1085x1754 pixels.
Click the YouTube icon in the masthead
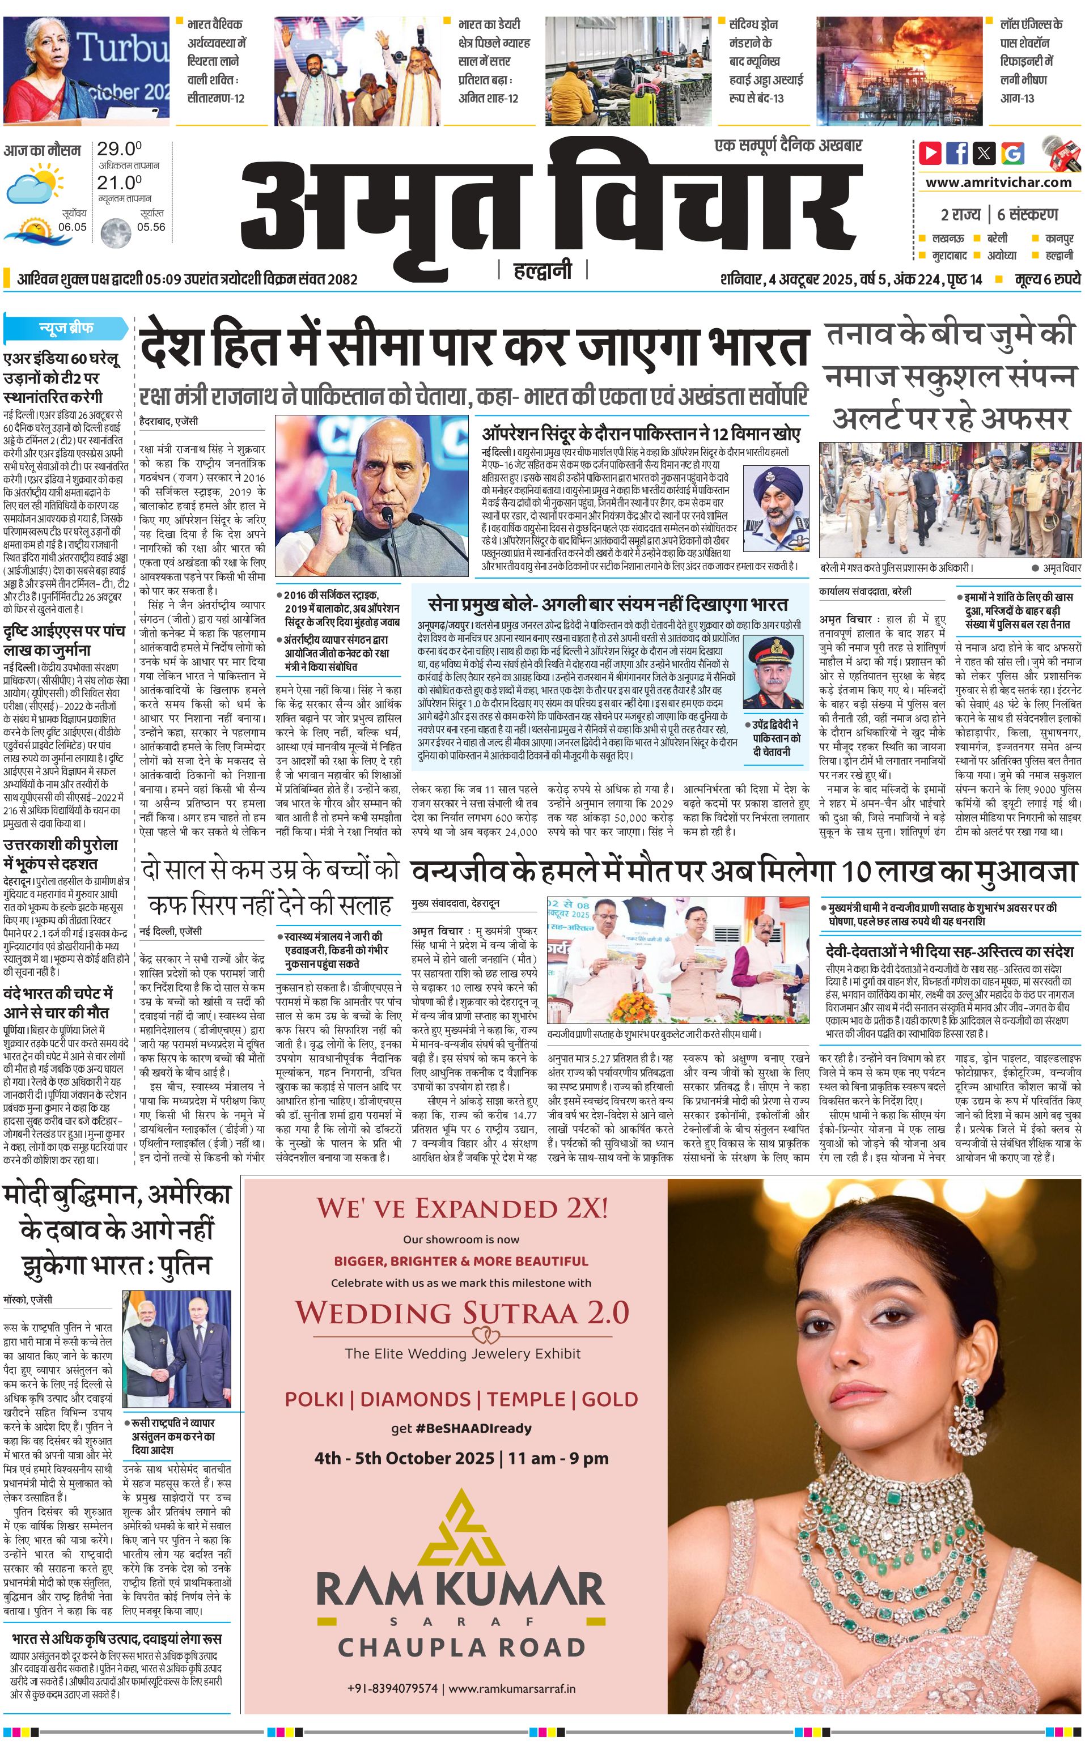coord(930,153)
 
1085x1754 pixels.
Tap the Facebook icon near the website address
coord(957,153)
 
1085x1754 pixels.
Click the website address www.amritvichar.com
coord(998,182)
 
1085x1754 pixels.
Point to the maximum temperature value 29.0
coord(119,149)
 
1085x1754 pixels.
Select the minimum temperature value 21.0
coord(119,183)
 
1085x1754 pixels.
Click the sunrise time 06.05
coord(73,227)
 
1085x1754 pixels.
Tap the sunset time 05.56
coord(151,227)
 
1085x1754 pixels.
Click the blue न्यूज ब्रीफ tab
coord(66,329)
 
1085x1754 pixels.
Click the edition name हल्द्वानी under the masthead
coord(543,270)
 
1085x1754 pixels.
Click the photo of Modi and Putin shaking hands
coord(176,1349)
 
